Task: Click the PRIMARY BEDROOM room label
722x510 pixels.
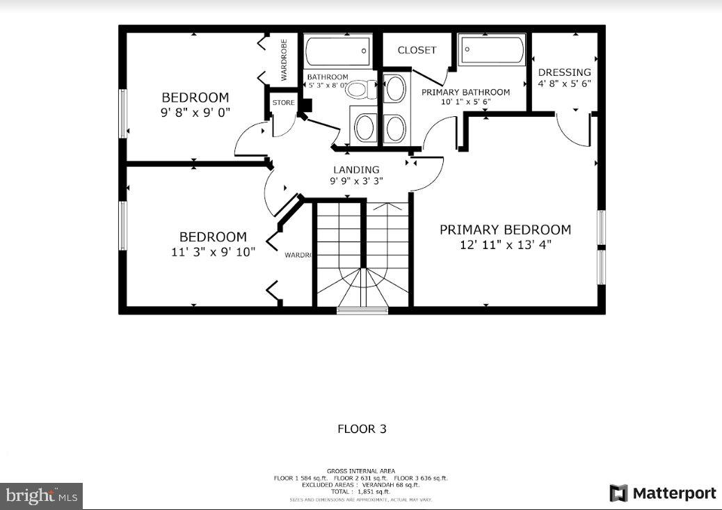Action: [x=505, y=230]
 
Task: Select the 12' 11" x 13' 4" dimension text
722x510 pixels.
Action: [x=505, y=245]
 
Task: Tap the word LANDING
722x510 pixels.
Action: [x=356, y=169]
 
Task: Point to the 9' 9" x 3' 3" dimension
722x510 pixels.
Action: [x=356, y=181]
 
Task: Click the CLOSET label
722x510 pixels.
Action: [x=417, y=50]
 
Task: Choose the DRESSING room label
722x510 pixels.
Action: [x=564, y=72]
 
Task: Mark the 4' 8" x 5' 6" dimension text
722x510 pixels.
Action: [x=564, y=83]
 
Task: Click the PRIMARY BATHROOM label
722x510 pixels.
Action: [x=465, y=92]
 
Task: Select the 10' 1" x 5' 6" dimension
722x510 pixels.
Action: [x=465, y=102]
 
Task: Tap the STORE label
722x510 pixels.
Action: [x=283, y=103]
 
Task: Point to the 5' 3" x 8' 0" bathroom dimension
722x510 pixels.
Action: [x=328, y=86]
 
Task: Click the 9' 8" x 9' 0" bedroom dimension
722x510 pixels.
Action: [x=195, y=111]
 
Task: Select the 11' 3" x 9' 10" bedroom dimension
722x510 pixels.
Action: [x=213, y=252]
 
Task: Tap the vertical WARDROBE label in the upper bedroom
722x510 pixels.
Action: [x=284, y=60]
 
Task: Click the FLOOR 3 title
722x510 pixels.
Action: [x=362, y=429]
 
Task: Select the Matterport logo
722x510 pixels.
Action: [x=663, y=493]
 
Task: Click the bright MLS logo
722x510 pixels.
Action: [x=41, y=496]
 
